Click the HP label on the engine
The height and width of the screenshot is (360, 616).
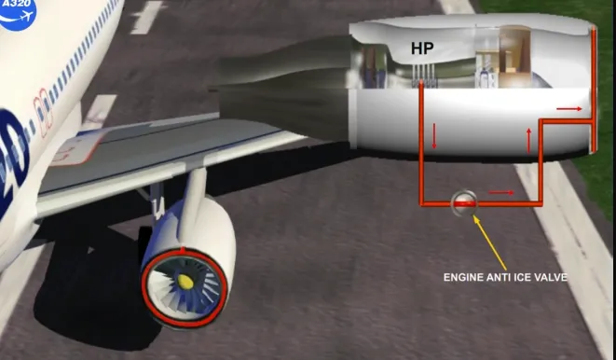point(422,48)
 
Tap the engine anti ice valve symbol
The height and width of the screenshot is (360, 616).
point(464,203)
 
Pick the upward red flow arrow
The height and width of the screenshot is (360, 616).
point(528,140)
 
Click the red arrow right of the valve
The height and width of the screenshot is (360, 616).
point(500,192)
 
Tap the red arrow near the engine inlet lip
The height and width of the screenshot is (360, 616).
point(569,109)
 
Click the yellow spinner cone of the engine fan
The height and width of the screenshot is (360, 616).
point(185,281)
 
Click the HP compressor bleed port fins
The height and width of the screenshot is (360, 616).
point(425,76)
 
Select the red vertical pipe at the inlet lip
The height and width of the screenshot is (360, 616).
point(594,90)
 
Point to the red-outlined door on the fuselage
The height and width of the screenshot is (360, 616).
point(44,113)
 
